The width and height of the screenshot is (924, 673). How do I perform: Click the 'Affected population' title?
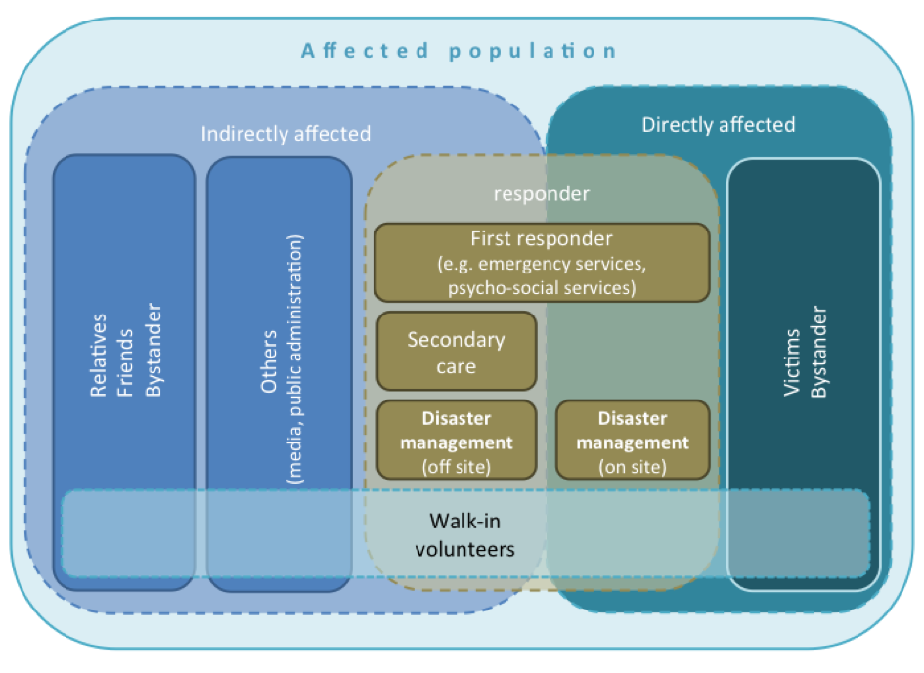pyautogui.click(x=459, y=51)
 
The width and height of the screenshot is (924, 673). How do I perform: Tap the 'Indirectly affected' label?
pyautogui.click(x=286, y=134)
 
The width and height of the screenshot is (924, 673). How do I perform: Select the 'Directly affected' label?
pyautogui.click(x=719, y=125)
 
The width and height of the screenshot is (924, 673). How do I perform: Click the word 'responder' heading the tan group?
pyautogui.click(x=542, y=193)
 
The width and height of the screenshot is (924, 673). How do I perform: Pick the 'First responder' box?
pyautogui.click(x=542, y=263)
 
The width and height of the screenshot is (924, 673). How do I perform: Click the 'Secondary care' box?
pyautogui.click(x=457, y=351)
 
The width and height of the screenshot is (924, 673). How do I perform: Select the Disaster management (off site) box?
pyautogui.click(x=457, y=440)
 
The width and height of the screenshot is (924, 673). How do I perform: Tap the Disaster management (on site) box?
pyautogui.click(x=633, y=440)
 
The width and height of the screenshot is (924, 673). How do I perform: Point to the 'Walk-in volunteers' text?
pyautogui.click(x=465, y=534)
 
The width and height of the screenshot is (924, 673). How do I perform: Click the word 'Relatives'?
pyautogui.click(x=99, y=355)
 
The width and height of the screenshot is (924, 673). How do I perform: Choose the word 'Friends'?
pyautogui.click(x=125, y=362)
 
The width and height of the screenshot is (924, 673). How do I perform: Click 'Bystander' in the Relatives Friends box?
pyautogui.click(x=154, y=350)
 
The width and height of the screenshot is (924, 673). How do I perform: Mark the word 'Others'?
pyautogui.click(x=269, y=361)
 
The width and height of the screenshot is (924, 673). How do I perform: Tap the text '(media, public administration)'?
pyautogui.click(x=294, y=359)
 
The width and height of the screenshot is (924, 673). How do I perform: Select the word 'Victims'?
pyautogui.click(x=792, y=362)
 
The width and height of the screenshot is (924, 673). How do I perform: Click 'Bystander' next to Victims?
pyautogui.click(x=819, y=352)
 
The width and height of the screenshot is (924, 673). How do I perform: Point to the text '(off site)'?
pyautogui.click(x=457, y=467)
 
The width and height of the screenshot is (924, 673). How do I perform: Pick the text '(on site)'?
pyautogui.click(x=633, y=467)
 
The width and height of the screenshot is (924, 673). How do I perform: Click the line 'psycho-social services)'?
pyautogui.click(x=542, y=288)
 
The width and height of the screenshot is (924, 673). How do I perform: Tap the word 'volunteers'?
pyautogui.click(x=465, y=549)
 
